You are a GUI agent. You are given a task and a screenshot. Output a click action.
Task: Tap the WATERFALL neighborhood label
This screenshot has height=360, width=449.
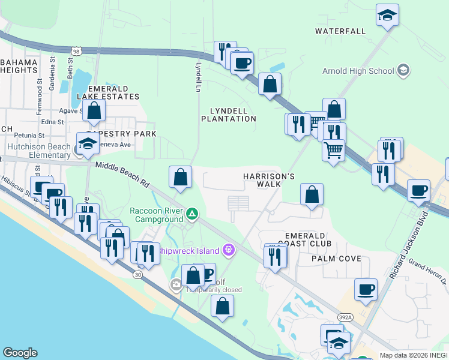[340, 31]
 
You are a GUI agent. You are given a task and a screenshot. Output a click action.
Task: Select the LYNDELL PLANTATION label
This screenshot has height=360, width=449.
[232, 115]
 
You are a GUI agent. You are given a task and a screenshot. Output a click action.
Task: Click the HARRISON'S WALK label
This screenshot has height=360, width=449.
[269, 180]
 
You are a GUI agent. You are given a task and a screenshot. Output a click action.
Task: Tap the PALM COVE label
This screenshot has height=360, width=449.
[336, 259]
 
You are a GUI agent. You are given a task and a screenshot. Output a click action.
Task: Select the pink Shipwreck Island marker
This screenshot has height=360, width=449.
[228, 249]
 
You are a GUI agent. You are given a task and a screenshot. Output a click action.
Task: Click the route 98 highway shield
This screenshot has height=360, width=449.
[75, 52]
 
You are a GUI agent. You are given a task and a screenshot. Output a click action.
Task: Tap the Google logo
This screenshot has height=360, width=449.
[20, 353]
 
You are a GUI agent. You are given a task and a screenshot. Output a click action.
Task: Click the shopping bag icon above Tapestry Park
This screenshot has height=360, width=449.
[94, 111]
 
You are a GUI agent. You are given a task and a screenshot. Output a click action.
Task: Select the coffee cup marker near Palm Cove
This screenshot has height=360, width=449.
[366, 290]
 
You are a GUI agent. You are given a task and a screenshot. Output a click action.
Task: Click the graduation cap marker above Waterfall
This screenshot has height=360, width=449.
[387, 15]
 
